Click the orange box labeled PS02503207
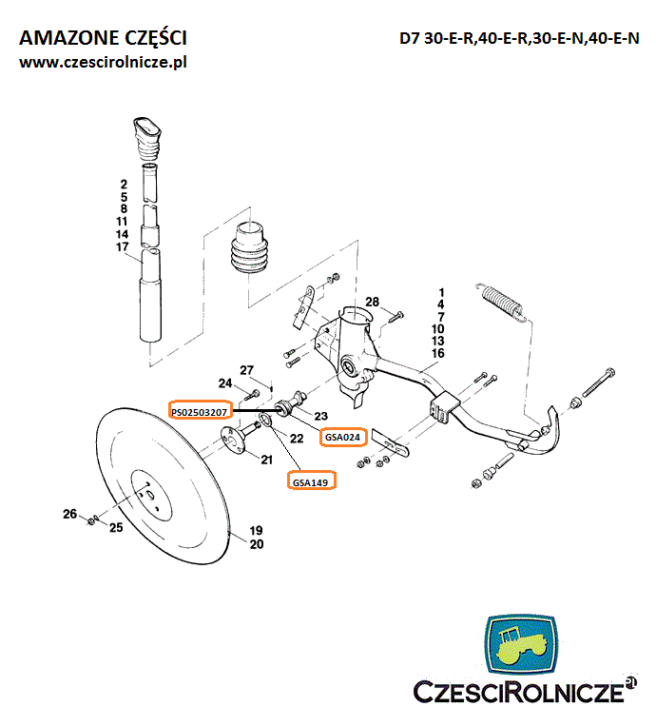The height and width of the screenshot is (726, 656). pos(200,411)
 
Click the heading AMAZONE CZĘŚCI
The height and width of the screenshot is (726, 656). pos(103,38)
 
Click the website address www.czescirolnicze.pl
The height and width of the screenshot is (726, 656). pos(104,62)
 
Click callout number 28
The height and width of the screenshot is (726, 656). pos(373,302)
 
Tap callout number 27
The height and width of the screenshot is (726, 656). pos(247,369)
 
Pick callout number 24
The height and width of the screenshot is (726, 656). pos(225,383)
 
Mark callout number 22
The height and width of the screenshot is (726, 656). pos(297,438)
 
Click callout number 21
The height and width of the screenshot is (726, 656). pos(267,460)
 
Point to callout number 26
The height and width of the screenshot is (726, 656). pos(69,514)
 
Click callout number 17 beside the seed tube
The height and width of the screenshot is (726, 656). pos(123,247)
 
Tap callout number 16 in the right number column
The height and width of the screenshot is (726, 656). pos(438,353)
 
